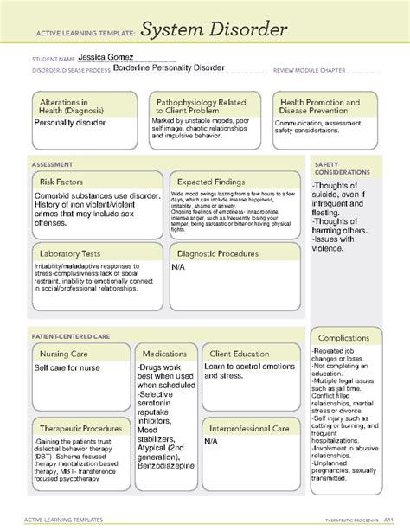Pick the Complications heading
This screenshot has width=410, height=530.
click(x=343, y=337)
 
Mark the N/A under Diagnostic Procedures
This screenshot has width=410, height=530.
click(x=178, y=268)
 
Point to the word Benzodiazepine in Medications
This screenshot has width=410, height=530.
click(x=166, y=490)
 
